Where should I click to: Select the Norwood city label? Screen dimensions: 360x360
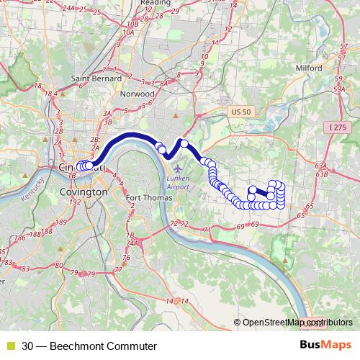(139, 94)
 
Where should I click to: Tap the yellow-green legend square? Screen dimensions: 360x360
(10, 346)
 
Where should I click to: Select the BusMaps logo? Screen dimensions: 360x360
(326, 346)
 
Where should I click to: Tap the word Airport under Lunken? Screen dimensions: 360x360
(179, 186)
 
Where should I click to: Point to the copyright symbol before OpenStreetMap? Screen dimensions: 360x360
(238, 323)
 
